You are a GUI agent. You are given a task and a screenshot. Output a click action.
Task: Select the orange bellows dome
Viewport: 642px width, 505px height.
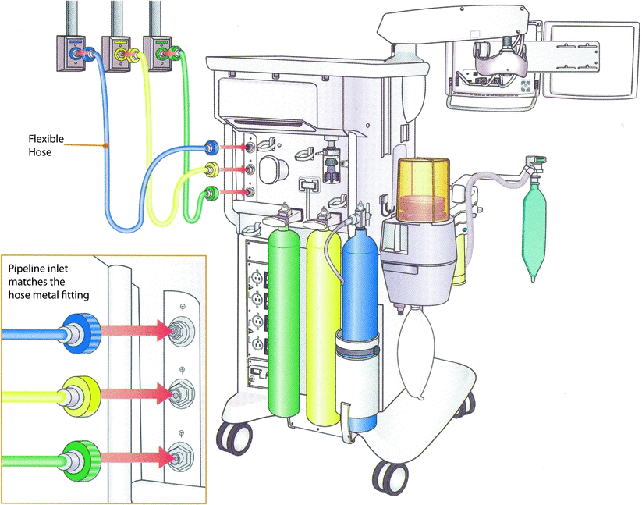[424, 187]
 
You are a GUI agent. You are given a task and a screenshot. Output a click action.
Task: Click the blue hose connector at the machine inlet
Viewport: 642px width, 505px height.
[210, 146]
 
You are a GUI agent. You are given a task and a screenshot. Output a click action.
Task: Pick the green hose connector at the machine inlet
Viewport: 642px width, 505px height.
[210, 194]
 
